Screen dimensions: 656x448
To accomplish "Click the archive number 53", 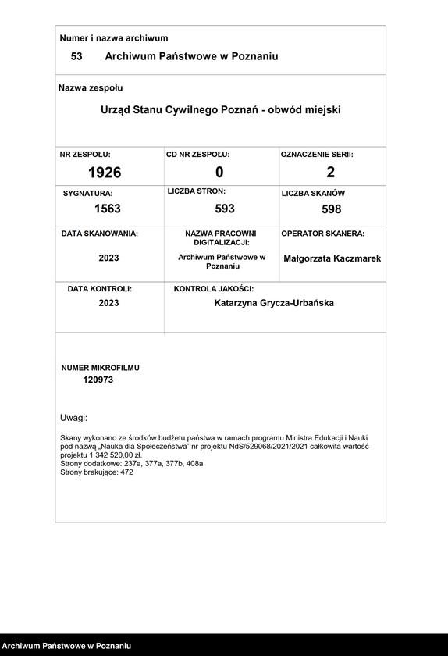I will pos(76,56).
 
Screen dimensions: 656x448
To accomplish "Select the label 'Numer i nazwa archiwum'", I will pos(114,37).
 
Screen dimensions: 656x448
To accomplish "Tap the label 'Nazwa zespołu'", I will pos(91,88).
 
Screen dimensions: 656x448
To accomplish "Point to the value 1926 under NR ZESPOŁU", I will pos(105,172).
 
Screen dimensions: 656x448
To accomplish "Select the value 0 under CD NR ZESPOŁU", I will pos(219,172).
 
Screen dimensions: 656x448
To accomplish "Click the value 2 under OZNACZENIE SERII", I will pos(330,172).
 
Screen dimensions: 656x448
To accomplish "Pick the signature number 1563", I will pos(107,209).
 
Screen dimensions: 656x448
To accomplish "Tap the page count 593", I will pos(224,209).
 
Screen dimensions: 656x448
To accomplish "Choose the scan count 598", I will pos(331,209).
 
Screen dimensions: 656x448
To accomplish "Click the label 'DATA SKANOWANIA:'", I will pos(100,234).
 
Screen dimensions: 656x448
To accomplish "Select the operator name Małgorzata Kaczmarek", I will pos(332,258).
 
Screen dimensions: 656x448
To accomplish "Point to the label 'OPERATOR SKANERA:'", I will pos(322,234).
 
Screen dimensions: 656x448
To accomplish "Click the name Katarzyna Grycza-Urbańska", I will pos(273,302).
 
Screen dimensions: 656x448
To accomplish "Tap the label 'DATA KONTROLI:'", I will pos(100,289).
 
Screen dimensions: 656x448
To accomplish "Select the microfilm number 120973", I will pos(98,380).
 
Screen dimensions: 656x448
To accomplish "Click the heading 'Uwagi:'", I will pos(73,418).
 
